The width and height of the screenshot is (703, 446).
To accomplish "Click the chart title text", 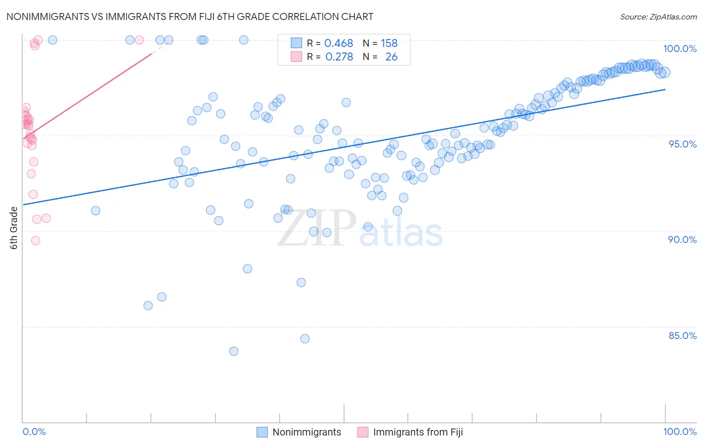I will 189,16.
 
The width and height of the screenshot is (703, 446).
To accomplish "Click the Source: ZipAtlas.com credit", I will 658,16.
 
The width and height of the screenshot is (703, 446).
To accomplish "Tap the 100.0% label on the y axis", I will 679,48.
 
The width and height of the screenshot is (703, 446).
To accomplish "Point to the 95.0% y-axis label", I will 682,144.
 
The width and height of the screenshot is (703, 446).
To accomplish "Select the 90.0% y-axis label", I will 682,239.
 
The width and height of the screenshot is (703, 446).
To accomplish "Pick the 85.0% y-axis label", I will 682,335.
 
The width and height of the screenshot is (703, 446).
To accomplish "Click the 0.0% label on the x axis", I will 34,431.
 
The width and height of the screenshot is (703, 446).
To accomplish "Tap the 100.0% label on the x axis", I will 679,431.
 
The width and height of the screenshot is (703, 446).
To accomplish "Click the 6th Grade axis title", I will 14,228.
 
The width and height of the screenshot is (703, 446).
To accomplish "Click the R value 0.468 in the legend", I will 338,43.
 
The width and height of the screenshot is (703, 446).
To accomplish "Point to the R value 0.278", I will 339,57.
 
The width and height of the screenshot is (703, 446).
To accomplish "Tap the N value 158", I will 389,43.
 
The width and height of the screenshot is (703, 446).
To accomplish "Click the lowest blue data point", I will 233,351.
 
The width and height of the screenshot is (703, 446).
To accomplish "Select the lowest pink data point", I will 35,240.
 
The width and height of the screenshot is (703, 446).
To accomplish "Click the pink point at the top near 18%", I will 139,40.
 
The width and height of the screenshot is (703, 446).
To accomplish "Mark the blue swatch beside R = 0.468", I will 296,43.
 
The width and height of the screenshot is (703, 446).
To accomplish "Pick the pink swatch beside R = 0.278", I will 296,56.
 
